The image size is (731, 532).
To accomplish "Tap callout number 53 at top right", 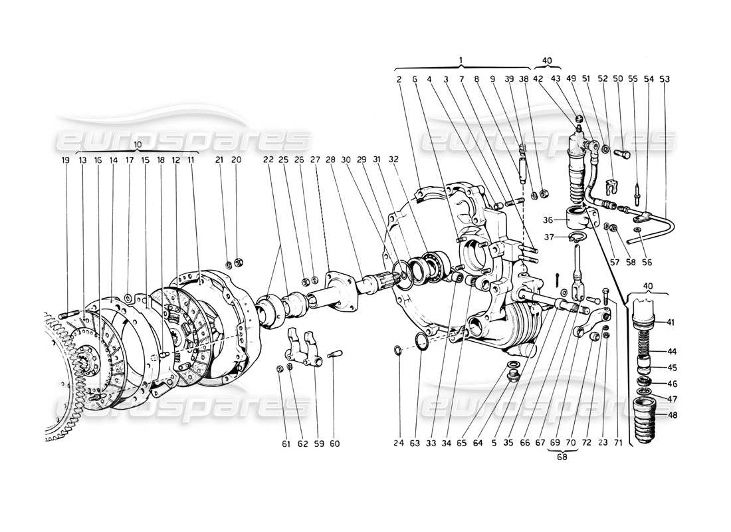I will coord(665,79).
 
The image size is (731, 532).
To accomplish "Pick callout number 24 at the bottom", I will coord(397,442).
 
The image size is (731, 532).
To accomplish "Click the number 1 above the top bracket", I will coord(461,61).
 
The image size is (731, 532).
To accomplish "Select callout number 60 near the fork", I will coord(334,442).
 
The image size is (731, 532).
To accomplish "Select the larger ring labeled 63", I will coord(421,342).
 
